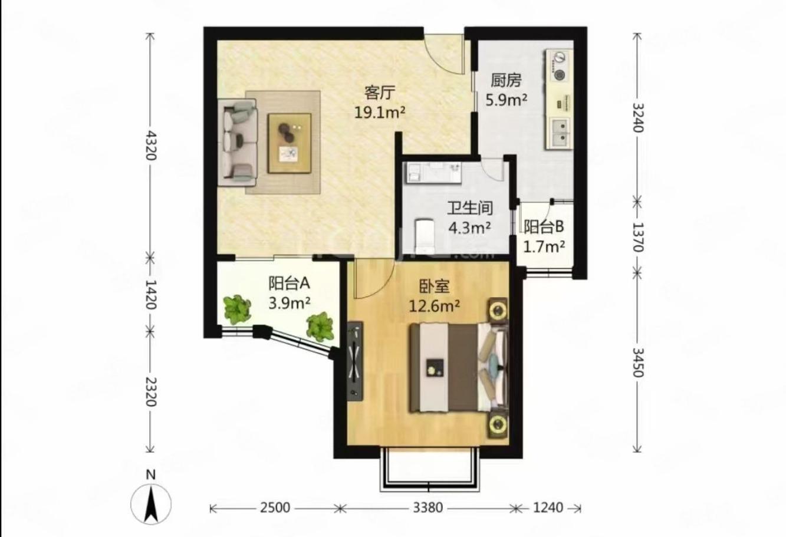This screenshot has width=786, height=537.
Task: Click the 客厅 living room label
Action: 380,93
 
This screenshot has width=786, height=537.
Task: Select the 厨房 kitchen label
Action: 506,81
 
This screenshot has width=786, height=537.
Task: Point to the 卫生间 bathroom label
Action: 470,208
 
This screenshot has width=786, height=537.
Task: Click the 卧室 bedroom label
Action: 435,286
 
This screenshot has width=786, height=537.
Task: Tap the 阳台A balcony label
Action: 289,284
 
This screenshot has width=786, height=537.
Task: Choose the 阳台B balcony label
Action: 544,227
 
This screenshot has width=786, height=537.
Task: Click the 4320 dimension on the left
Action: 150,145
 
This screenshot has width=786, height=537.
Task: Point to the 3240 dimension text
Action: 638,117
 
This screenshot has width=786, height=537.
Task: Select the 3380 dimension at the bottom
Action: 427,508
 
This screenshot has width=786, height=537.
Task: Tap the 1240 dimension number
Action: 548,508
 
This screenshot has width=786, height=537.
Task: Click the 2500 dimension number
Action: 275,508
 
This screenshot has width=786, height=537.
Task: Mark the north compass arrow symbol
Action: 151,505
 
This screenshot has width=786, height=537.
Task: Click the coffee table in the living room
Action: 290,143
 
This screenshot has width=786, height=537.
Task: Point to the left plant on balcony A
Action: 238,309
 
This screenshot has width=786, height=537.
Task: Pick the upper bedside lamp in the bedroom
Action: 498,309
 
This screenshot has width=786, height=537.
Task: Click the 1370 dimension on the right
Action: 638,237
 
